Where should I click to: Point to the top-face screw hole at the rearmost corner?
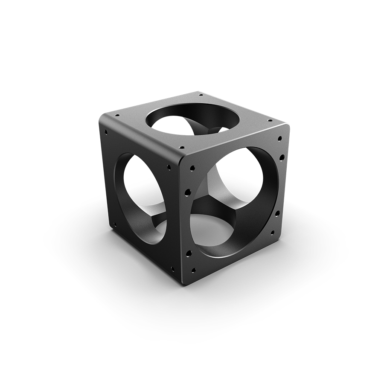pyautogui.click(x=200, y=94)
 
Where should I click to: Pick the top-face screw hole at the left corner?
pyautogui.click(x=117, y=115)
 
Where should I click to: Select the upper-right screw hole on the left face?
pyautogui.click(x=169, y=167)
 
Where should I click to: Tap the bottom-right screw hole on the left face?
pyautogui.click(x=172, y=269)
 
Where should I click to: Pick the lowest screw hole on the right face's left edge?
pyautogui.click(x=193, y=270)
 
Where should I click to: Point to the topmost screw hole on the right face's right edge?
pyautogui.click(x=279, y=139)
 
